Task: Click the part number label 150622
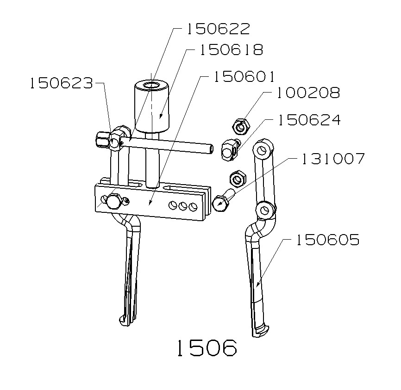tap(218, 29)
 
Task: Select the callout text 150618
tap(231, 50)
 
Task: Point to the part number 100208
tap(308, 93)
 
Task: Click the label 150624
tap(308, 120)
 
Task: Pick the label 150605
tap(328, 240)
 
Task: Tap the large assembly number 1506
tap(206, 347)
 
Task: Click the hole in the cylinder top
tap(150, 86)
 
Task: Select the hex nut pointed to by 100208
tap(241, 125)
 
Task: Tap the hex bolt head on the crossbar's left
tap(114, 202)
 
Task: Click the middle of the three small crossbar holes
tap(182, 205)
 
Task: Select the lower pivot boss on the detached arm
tap(265, 210)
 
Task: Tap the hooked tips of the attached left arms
tap(125, 320)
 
